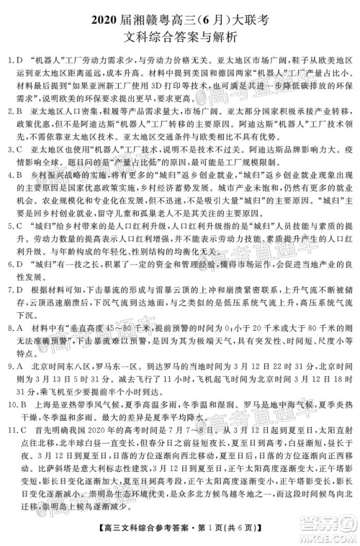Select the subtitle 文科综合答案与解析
180,32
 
